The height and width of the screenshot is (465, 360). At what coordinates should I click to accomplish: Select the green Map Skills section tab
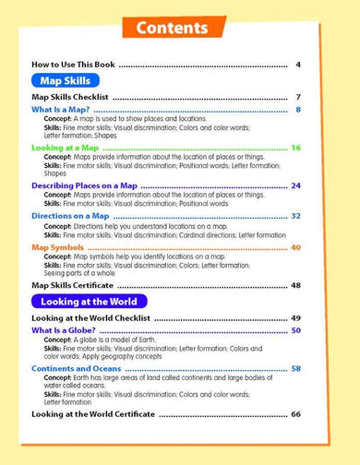tap(61, 79)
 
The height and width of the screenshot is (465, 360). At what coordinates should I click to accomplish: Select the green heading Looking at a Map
tap(65, 148)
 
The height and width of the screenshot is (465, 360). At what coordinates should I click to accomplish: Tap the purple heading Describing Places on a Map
tap(83, 185)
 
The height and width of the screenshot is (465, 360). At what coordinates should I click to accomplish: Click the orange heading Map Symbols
tap(57, 247)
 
